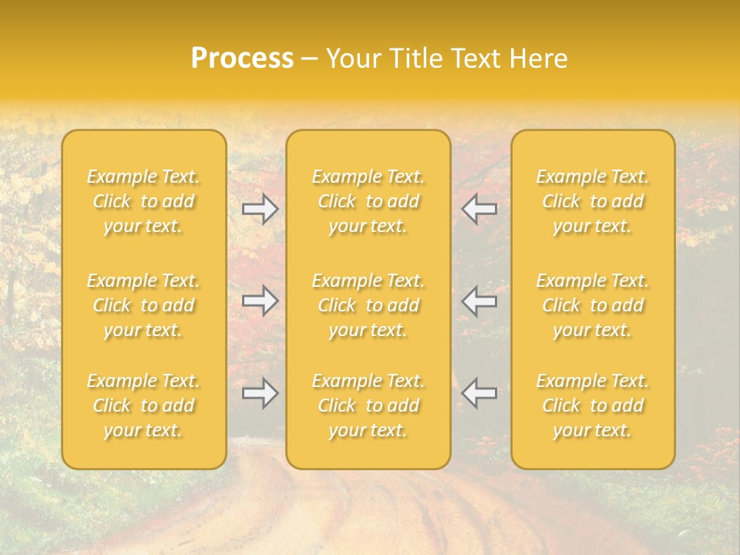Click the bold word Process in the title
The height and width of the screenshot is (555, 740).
point(242,59)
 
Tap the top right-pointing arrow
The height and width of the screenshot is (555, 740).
point(260,209)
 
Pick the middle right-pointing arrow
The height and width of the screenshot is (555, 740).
point(260,301)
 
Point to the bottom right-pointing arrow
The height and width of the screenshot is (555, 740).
point(260,393)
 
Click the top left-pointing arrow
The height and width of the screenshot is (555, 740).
point(479,209)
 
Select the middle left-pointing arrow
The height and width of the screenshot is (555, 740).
point(479,301)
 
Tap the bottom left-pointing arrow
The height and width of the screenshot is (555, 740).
point(479,393)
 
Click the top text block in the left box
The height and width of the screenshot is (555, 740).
point(143,201)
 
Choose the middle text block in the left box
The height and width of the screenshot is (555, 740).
point(143,305)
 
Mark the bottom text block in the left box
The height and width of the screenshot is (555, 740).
point(143,405)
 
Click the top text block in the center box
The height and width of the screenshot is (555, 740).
point(368,201)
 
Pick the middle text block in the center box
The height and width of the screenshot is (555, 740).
point(368,305)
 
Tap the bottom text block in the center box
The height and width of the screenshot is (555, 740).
point(368,405)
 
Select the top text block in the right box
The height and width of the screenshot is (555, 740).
point(592,201)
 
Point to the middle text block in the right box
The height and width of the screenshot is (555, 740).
point(592,305)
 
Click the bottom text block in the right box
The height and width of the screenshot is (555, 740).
point(592,405)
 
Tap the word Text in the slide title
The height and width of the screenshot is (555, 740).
point(474,59)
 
